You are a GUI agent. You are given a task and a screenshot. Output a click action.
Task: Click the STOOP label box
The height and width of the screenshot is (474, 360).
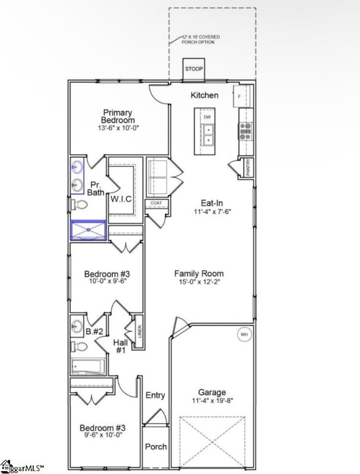pyautogui.click(x=193, y=69)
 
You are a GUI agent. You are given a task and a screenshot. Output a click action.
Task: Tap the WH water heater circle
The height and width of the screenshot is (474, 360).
pyautogui.click(x=243, y=335)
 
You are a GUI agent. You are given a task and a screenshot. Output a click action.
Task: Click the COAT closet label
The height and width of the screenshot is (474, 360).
pyautogui.click(x=156, y=203)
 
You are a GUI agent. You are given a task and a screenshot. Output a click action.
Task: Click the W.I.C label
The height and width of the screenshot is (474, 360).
pyautogui.click(x=120, y=199)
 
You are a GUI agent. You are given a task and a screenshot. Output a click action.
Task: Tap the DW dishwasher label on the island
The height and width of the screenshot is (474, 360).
pyautogui.click(x=207, y=117)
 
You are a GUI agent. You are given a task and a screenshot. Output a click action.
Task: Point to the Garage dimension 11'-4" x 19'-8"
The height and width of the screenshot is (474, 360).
pyautogui.click(x=212, y=401)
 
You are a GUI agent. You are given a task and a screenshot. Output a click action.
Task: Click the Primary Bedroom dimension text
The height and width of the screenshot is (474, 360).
pyautogui.click(x=119, y=128)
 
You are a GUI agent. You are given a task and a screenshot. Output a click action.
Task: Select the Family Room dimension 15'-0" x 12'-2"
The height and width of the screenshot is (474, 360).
pyautogui.click(x=199, y=283)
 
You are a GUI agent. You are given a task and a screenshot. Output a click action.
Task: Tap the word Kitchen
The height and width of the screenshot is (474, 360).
pyautogui.click(x=205, y=95)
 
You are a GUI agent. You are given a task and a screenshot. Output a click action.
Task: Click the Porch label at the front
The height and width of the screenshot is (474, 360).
pyautogui.click(x=156, y=447)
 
